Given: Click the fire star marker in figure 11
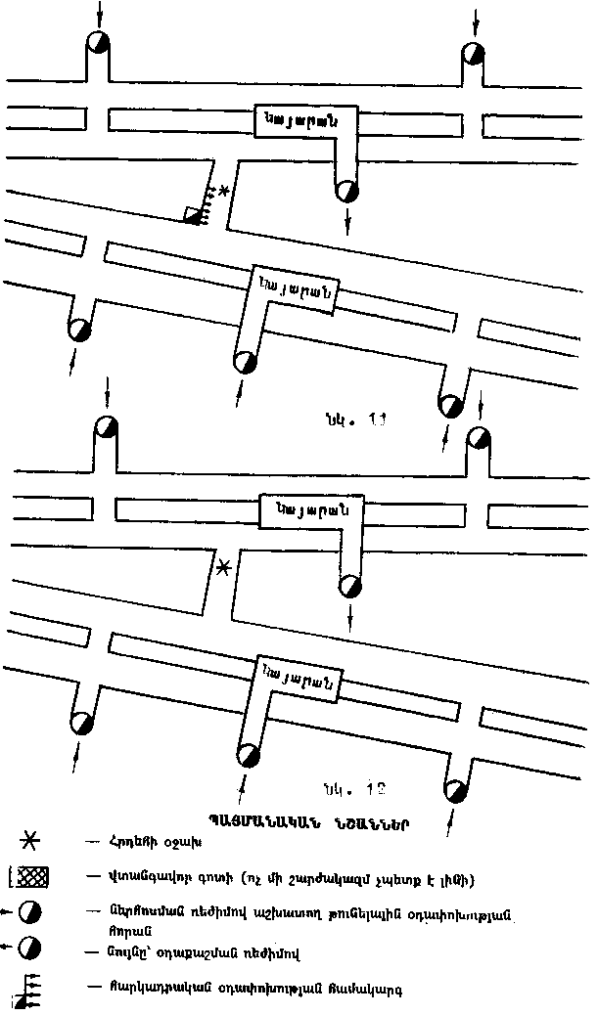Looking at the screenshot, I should pos(225,193).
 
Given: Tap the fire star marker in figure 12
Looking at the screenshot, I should pos(224,567).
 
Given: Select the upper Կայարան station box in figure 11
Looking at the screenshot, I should pos(303,120).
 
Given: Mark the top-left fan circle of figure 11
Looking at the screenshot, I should pos(98,43).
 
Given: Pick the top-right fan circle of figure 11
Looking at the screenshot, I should pos(473,52).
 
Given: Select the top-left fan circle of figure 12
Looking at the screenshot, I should pos(105,428).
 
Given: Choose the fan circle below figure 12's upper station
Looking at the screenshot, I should pos(348,586).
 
